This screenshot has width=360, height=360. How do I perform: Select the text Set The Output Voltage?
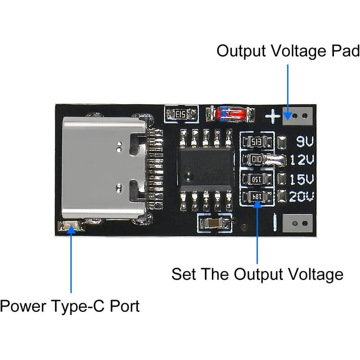(257, 274)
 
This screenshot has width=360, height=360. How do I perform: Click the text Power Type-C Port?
(69, 307)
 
